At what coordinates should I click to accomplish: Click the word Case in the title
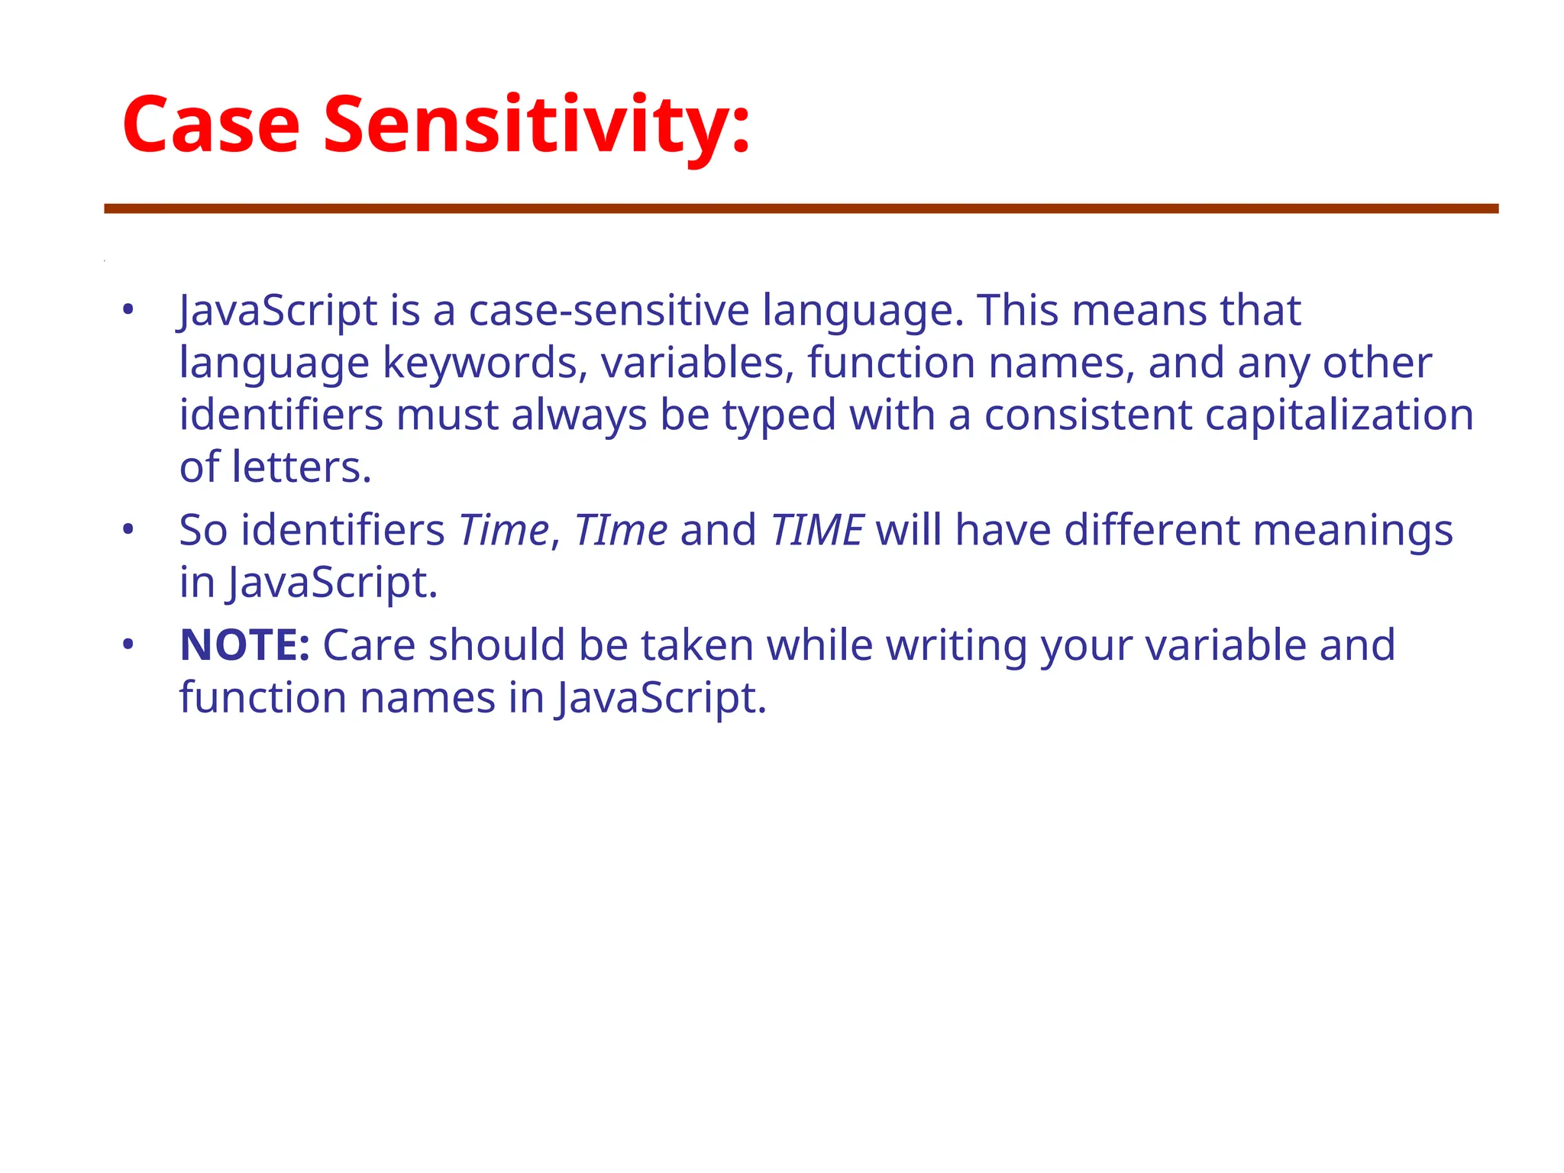click(211, 124)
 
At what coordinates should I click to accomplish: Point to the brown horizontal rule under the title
click(801, 208)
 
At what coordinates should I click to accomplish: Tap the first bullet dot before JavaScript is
click(128, 310)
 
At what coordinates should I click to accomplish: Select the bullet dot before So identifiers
click(128, 529)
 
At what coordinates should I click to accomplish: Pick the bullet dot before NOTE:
click(128, 645)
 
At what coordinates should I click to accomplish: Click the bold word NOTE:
click(244, 645)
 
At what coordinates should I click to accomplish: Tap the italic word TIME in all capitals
click(816, 530)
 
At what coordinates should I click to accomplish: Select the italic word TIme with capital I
click(620, 530)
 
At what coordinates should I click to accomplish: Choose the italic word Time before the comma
click(503, 530)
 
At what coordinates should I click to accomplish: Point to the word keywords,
click(485, 363)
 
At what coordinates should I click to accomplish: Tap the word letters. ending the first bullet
click(301, 467)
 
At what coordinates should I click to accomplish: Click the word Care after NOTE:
click(369, 645)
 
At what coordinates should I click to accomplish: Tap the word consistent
click(1087, 415)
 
